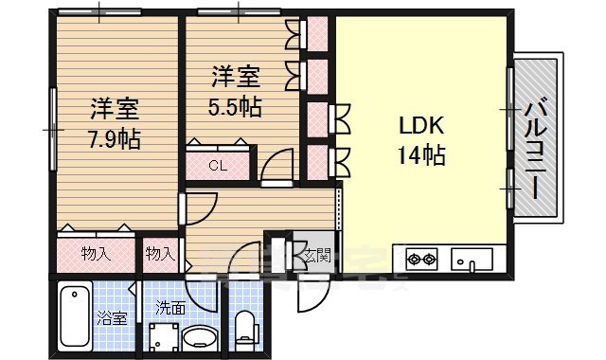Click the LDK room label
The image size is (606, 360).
coord(414,126)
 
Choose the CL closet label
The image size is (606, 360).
coord(219,166)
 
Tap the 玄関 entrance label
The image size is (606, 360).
coord(318,253)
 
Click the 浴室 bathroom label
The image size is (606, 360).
coord(112,317)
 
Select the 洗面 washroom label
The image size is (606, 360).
coord(171,307)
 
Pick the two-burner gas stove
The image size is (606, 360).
coord(421,257)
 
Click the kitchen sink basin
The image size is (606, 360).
coord(468,259)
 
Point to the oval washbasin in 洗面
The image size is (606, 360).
coord(199,337)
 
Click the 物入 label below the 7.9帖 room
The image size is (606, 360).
coord(96,254)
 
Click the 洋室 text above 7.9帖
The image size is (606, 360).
coord(115,106)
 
